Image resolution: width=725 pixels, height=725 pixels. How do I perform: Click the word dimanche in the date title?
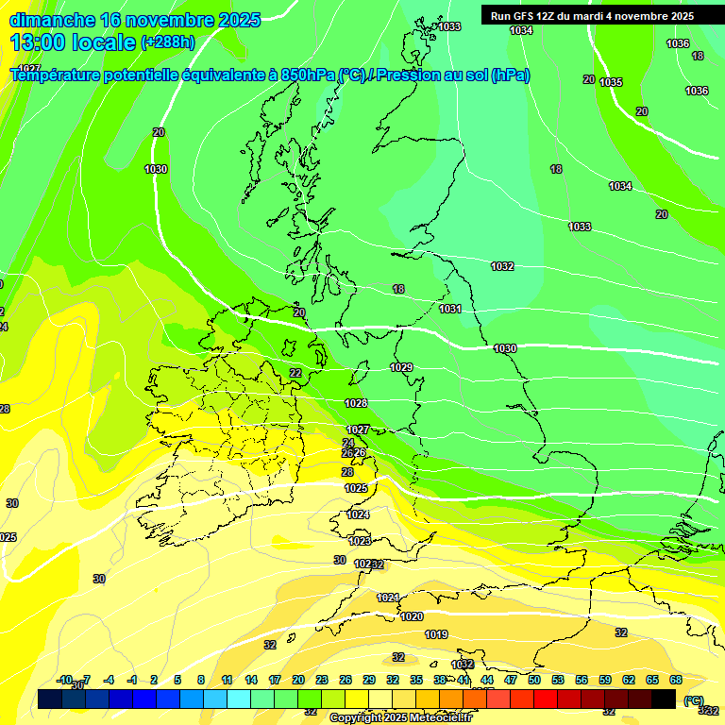click(52, 20)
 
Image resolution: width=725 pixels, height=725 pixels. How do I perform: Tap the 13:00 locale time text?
click(73, 42)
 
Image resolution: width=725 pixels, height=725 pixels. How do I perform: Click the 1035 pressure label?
click(611, 82)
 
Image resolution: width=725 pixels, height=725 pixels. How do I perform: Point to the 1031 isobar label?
click(450, 309)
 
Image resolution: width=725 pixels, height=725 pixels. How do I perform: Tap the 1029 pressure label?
click(401, 367)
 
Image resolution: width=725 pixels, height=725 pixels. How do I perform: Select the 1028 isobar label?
click(356, 403)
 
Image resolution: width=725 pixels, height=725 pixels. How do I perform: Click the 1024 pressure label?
click(358, 514)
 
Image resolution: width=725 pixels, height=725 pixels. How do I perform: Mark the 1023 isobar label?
click(360, 541)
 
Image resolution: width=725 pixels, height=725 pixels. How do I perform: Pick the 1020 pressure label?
click(412, 616)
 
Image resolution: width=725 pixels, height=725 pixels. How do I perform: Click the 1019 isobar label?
click(436, 634)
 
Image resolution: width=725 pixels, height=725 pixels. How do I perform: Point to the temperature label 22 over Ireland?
click(295, 373)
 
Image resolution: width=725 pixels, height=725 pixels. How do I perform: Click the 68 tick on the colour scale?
click(676, 680)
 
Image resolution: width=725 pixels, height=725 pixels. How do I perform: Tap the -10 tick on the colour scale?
click(65, 680)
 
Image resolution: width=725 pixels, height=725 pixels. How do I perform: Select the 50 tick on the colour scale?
click(534, 680)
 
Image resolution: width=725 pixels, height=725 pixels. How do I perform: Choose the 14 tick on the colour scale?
click(251, 680)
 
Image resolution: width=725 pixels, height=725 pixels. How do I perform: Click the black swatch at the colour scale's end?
click(664, 700)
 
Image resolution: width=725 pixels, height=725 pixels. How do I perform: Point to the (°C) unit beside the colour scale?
click(694, 700)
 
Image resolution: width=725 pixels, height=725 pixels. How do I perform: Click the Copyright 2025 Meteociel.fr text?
click(401, 717)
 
